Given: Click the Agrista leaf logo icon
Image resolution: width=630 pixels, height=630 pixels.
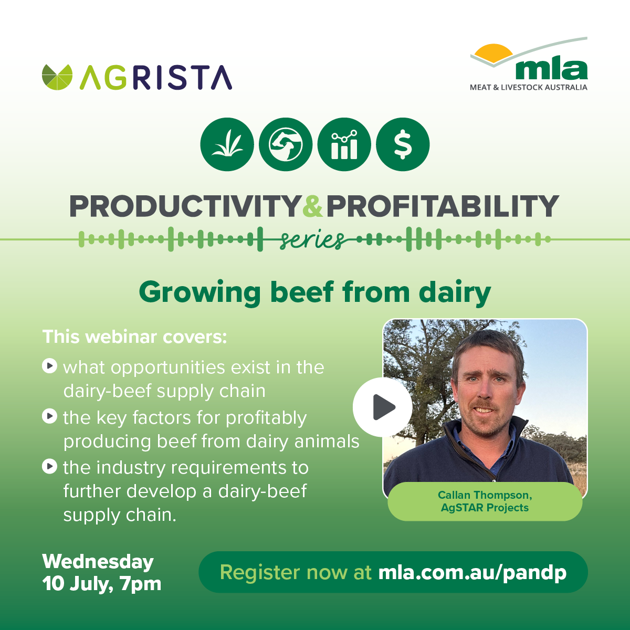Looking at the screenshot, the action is coord(57,77).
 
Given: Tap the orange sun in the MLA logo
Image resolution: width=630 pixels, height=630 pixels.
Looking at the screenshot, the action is coord(493,53).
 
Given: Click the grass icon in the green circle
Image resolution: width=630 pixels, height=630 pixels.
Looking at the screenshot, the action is coord(227,144).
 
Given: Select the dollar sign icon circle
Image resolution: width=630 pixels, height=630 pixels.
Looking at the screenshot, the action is coord(403,144).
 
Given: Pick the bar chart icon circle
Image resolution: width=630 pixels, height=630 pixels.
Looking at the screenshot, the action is coord(344,144).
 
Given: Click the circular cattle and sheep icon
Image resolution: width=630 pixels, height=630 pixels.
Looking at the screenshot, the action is coord(286,144).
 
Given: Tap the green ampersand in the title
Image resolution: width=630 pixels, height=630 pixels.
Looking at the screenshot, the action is coord(313,206).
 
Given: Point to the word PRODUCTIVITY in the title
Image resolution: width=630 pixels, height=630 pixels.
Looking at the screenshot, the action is coord(185,206).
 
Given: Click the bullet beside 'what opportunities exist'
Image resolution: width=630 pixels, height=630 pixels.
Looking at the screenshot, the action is coord(50,366).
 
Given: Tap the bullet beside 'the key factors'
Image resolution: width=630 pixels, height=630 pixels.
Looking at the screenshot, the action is coord(50,416).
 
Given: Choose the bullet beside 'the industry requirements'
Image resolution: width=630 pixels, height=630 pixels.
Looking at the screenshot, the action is coord(50,467).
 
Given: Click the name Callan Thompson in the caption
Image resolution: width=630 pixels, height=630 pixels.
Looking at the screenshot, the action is coord(485,495).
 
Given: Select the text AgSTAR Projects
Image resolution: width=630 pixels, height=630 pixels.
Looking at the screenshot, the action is coord(485,508).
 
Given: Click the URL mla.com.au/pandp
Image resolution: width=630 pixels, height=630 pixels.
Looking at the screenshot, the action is coord(472,573).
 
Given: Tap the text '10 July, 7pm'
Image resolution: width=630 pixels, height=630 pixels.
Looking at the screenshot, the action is coord(102,584).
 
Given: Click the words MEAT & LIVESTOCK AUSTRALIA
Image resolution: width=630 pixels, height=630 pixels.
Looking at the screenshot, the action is coord(529,87).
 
